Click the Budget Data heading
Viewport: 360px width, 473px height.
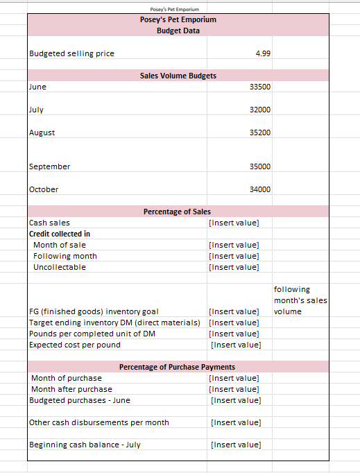click(x=178, y=31)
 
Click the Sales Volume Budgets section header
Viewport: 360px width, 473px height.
click(x=178, y=76)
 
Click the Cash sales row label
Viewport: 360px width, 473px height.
click(x=49, y=223)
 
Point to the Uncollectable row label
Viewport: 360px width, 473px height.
click(x=60, y=267)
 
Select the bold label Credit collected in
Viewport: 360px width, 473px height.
click(x=60, y=234)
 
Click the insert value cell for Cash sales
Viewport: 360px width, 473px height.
click(x=234, y=223)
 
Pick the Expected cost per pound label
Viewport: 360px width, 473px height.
click(x=75, y=345)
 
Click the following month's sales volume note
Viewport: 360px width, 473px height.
click(x=300, y=300)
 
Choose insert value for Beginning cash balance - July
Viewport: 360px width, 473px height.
click(x=234, y=445)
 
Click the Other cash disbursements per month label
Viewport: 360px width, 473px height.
click(x=99, y=422)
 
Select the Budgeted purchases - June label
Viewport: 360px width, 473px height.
click(x=80, y=400)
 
